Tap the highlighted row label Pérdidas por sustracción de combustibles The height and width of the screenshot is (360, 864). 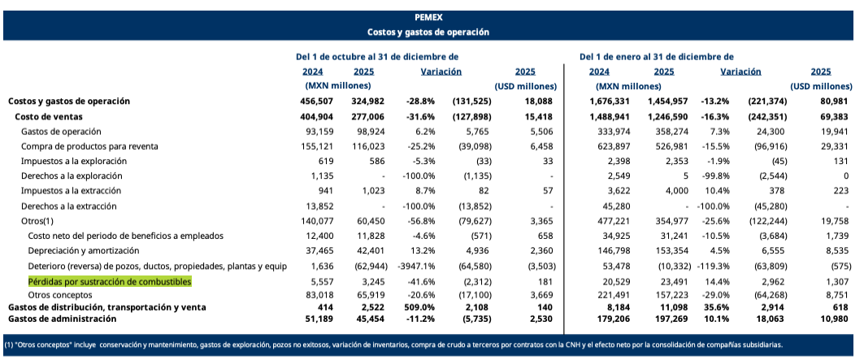[110, 280]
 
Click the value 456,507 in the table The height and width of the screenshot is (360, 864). [316, 101]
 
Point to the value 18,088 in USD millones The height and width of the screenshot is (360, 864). [539, 101]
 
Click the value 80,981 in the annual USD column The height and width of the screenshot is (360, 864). [834, 101]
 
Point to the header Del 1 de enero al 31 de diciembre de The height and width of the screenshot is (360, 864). [656, 57]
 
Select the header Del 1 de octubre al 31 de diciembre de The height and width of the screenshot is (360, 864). [377, 57]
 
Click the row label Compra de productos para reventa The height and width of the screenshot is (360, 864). [89, 146]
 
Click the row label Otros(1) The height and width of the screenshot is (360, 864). [38, 220]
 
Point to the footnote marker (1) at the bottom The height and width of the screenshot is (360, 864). [10, 345]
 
